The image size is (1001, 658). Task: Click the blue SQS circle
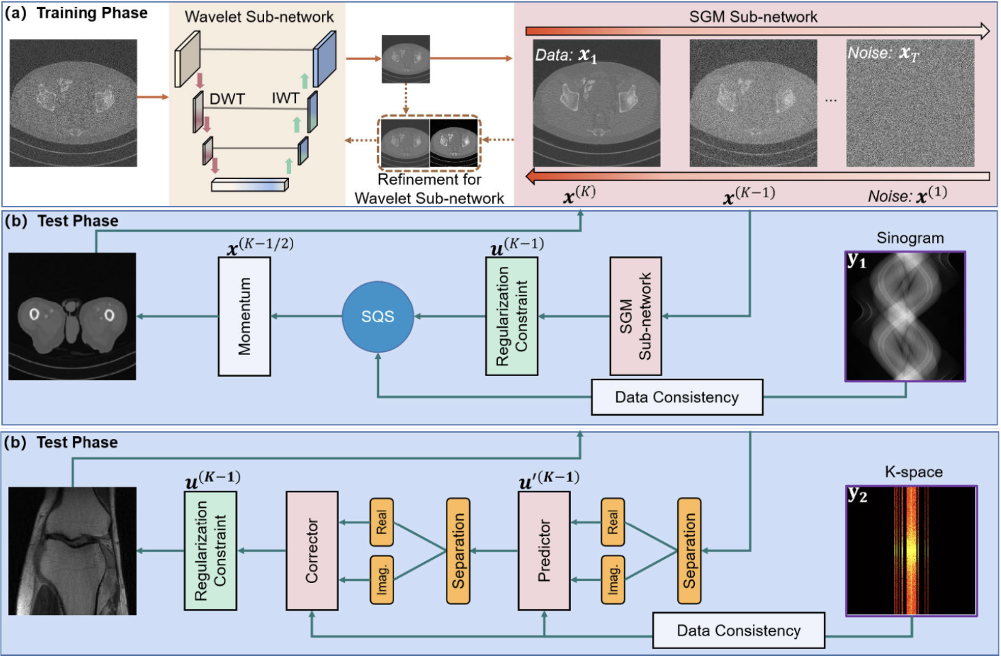coord(377,317)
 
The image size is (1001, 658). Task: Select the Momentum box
coord(244,316)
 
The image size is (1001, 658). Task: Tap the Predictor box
coord(544,550)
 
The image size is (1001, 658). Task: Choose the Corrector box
coord(312,550)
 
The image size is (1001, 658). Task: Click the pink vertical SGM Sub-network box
coord(636,316)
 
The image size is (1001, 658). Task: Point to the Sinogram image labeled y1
coord(905,316)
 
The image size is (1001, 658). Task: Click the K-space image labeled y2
coord(911,551)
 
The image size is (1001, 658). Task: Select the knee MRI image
coord(72,551)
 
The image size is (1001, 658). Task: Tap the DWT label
coord(227,100)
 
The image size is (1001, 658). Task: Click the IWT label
coord(285,98)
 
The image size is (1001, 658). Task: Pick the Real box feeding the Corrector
coord(381,522)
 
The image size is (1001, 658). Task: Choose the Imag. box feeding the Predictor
coord(613,580)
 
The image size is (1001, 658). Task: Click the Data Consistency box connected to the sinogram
coord(676,397)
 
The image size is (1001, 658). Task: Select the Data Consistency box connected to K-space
coord(738,631)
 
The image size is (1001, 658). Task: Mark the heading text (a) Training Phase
coord(76,13)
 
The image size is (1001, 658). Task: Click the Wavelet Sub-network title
coord(259,17)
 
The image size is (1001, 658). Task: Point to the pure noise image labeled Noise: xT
coord(910,103)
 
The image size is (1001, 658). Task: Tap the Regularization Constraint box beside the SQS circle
coord(511,316)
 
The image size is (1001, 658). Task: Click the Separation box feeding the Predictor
coord(689,551)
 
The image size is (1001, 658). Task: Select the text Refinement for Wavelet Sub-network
coord(429,189)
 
